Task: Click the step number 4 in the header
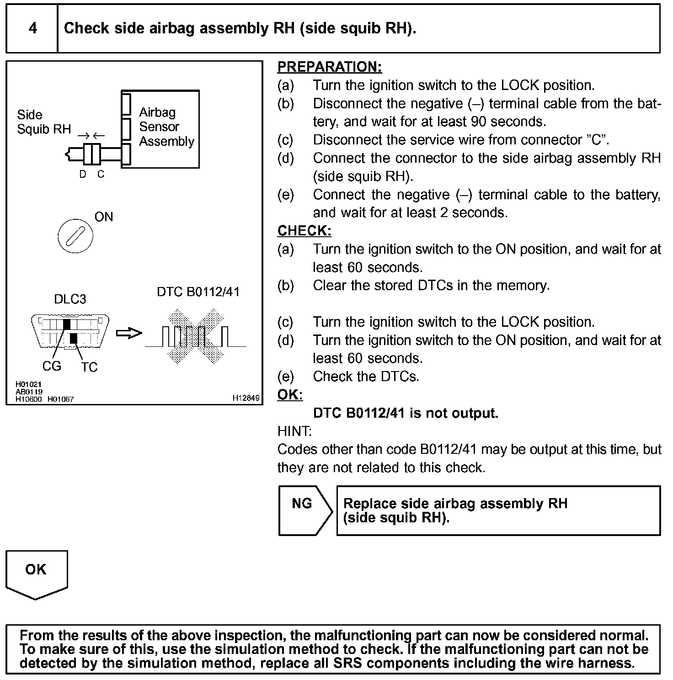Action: pyautogui.click(x=32, y=28)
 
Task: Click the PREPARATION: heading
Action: pyautogui.click(x=329, y=67)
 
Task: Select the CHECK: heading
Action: pyautogui.click(x=304, y=231)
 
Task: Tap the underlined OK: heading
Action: pyautogui.click(x=290, y=395)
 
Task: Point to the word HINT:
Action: pyautogui.click(x=294, y=431)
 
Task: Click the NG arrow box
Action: pyautogui.click(x=304, y=510)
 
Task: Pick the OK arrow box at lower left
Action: pyautogui.click(x=36, y=573)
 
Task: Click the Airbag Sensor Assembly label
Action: pyautogui.click(x=166, y=127)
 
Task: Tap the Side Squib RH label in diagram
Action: pyautogui.click(x=43, y=122)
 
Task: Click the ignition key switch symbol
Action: pyautogui.click(x=75, y=237)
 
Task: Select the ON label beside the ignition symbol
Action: pyautogui.click(x=104, y=217)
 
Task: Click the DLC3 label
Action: pyautogui.click(x=70, y=299)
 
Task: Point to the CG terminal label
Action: pyautogui.click(x=52, y=366)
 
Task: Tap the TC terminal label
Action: pyautogui.click(x=90, y=367)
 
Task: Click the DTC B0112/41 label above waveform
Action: pyautogui.click(x=198, y=292)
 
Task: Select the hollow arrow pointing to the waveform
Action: pyautogui.click(x=129, y=334)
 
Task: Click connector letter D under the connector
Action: pyautogui.click(x=83, y=174)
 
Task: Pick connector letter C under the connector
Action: pyautogui.click(x=101, y=174)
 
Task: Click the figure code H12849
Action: pyautogui.click(x=246, y=398)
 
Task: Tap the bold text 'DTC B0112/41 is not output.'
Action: pyautogui.click(x=406, y=413)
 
